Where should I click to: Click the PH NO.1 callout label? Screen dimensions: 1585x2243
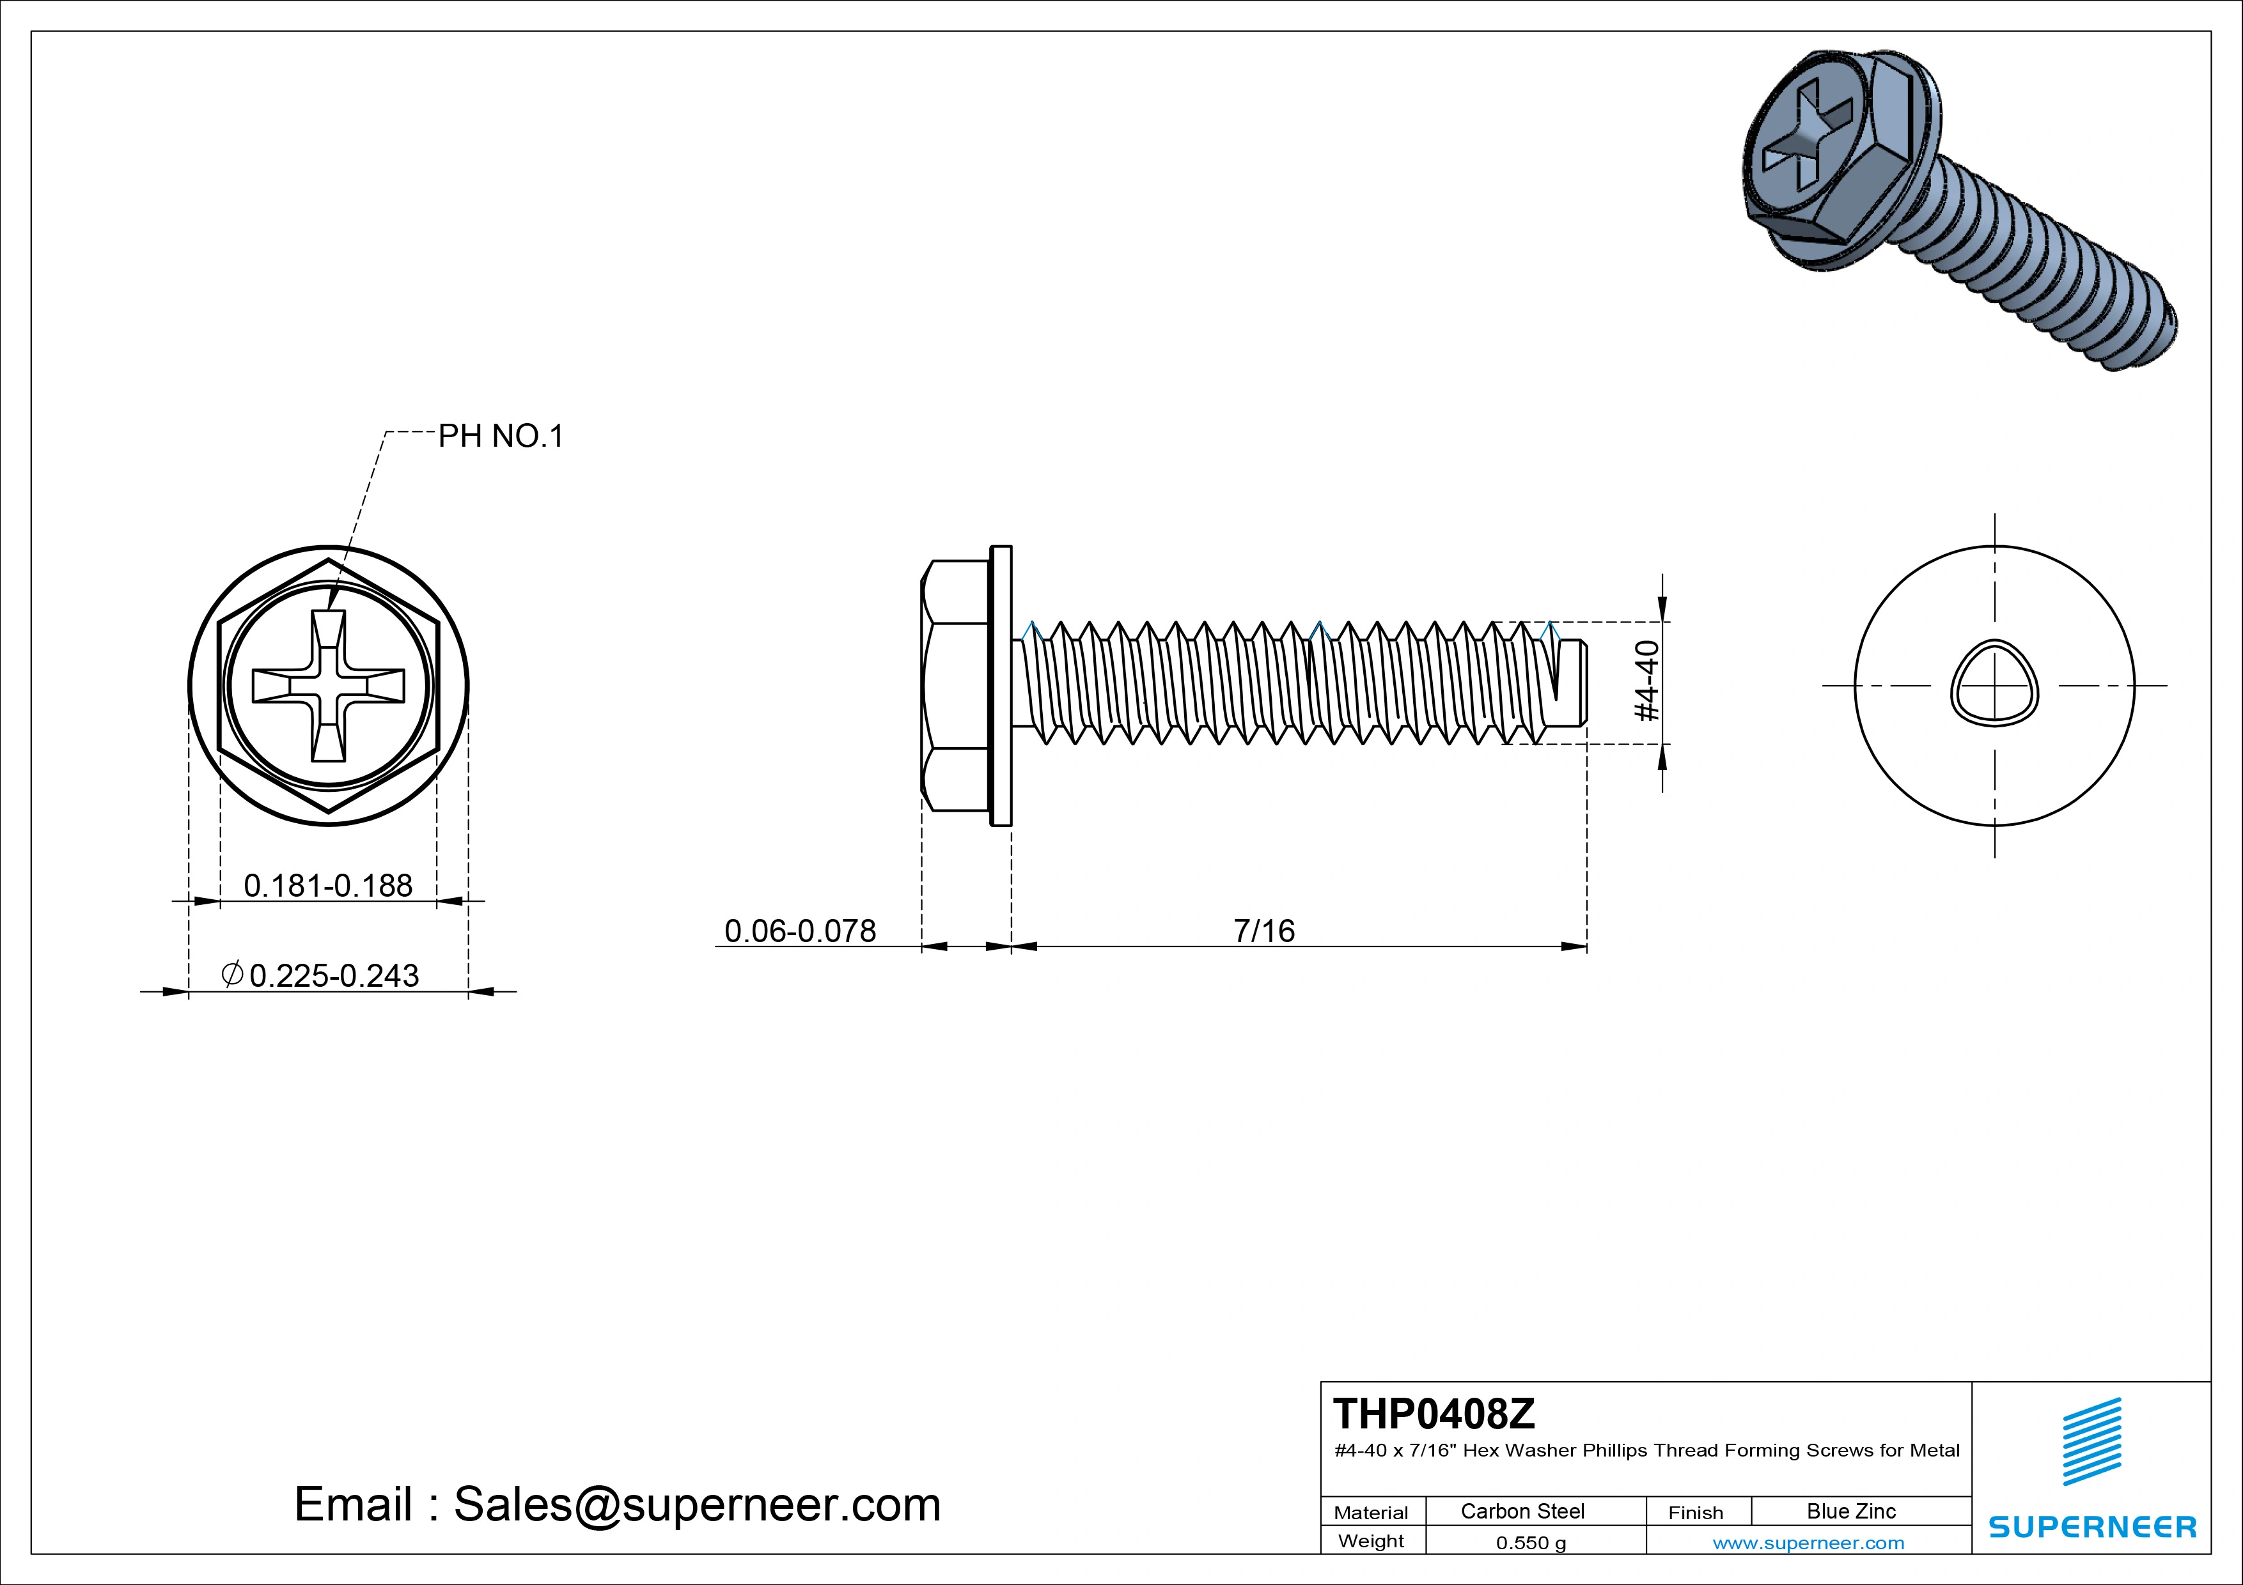pos(500,436)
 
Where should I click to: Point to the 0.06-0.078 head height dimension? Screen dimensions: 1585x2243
pos(799,931)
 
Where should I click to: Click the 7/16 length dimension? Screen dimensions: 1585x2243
pos(1263,931)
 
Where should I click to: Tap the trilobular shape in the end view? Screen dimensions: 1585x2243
pos(1994,684)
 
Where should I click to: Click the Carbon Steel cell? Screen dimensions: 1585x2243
pos(1522,1511)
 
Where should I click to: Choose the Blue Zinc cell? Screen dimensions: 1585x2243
pos(1850,1511)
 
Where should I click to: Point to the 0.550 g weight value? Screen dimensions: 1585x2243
pos(1530,1543)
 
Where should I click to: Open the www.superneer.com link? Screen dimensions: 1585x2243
pos(1808,1543)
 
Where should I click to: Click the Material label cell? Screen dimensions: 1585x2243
pos(1371,1512)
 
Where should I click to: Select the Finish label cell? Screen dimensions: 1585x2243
pos(1695,1512)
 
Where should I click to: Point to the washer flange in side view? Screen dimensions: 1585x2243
pos(1001,686)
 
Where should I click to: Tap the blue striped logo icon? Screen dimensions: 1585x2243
pos(2091,1441)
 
